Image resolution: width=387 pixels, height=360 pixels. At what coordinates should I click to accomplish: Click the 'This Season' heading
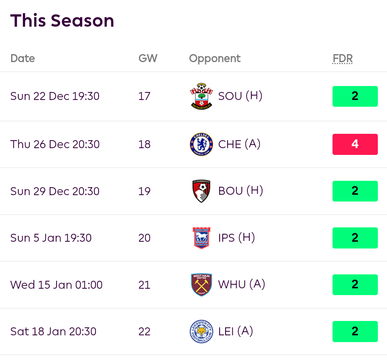[62, 21]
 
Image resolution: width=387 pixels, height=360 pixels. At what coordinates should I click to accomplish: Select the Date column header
[23, 59]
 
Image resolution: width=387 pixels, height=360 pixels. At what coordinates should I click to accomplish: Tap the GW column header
[148, 59]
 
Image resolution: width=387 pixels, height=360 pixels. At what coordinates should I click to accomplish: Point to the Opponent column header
[215, 59]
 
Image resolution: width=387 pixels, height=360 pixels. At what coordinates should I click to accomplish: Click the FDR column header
[343, 59]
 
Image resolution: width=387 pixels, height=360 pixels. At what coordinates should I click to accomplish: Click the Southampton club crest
[201, 96]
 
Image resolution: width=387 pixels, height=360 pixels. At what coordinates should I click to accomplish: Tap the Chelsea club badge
[201, 144]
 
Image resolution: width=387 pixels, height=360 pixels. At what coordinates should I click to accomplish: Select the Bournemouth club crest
[201, 191]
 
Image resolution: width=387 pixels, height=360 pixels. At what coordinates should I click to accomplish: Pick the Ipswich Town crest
[201, 238]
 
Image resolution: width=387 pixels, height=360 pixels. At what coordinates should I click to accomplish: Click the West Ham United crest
[201, 285]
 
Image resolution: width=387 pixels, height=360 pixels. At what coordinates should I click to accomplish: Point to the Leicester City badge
[201, 331]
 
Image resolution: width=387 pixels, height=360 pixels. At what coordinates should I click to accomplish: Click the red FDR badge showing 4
[355, 144]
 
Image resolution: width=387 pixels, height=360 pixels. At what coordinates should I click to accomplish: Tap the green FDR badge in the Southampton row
[355, 96]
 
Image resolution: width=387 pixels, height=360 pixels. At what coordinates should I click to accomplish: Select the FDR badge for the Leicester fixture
[355, 331]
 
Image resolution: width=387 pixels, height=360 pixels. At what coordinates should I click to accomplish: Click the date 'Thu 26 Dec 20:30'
[55, 144]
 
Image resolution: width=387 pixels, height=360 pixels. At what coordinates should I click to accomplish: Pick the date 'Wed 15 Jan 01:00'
[56, 285]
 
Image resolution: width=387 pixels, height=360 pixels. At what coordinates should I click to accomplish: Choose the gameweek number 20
[144, 238]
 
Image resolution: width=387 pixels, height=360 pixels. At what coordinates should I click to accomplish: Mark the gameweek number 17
[144, 96]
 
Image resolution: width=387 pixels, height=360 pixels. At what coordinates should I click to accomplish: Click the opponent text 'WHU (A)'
[241, 285]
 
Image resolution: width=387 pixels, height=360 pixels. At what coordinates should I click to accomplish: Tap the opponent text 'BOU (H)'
[241, 191]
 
